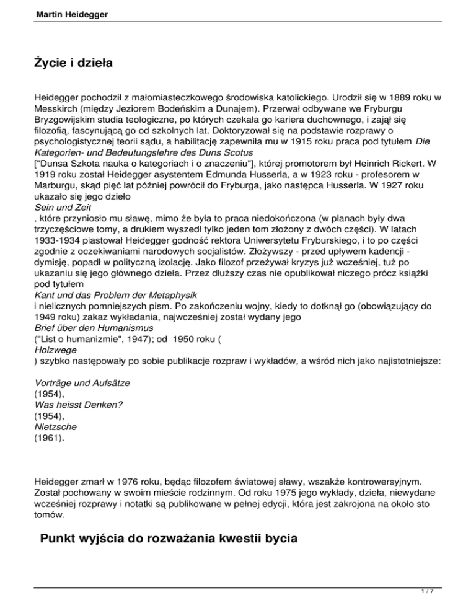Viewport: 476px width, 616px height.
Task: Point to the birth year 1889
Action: (x=389, y=98)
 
